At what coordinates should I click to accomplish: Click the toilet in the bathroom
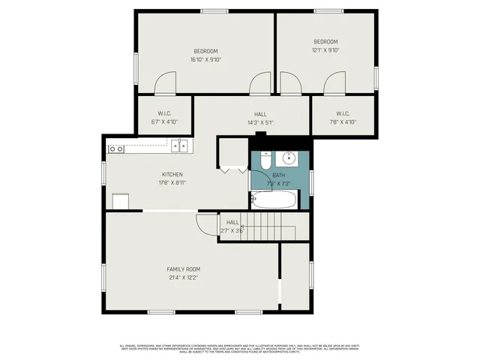(x=266, y=158)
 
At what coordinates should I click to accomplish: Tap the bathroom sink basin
(x=289, y=158)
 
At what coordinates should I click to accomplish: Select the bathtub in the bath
(x=274, y=199)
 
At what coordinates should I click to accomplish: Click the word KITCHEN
(x=172, y=174)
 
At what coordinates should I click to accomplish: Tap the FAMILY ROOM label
(x=183, y=268)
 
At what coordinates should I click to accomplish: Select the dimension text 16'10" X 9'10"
(x=205, y=59)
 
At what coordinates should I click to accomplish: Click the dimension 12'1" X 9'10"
(x=325, y=50)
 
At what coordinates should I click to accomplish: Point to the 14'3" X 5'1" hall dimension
(x=260, y=122)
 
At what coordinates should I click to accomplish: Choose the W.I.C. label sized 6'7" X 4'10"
(x=165, y=121)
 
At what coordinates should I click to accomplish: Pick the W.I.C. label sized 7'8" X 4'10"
(x=341, y=121)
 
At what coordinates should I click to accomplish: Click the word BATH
(x=278, y=175)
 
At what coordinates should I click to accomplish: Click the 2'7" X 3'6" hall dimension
(x=232, y=231)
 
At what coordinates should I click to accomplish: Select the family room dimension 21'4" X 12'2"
(x=183, y=277)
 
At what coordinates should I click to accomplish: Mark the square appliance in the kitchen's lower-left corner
(x=120, y=201)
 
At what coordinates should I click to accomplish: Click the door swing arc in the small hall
(x=204, y=223)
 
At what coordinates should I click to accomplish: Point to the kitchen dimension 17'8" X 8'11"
(x=172, y=182)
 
